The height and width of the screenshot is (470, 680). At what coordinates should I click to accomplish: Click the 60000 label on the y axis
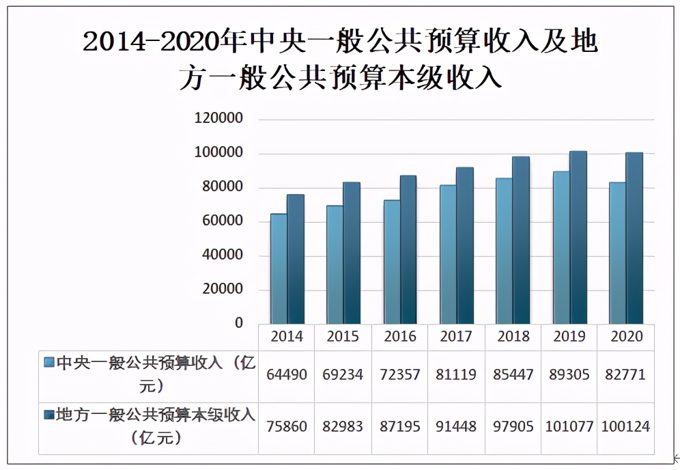point(221,221)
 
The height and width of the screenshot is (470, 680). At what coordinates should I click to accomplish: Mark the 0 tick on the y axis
point(239,322)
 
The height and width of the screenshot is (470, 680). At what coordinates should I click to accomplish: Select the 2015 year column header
point(343,336)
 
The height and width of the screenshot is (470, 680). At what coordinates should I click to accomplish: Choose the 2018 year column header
point(513,336)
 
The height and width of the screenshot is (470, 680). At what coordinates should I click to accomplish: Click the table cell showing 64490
point(287,374)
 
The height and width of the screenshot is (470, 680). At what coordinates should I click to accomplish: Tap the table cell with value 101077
point(569,426)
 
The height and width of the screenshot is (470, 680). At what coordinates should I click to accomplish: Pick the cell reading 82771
point(625,374)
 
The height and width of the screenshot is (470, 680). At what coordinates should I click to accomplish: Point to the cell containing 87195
point(400,426)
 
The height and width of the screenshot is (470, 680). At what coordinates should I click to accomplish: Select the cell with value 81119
point(456,374)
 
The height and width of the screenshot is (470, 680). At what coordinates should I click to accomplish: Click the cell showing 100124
point(625,426)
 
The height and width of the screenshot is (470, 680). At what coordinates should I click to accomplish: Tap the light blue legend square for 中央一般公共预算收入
point(48,363)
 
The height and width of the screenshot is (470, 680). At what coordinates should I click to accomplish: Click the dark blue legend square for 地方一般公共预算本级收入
point(48,414)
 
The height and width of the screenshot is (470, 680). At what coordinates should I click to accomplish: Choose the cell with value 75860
point(287,426)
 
